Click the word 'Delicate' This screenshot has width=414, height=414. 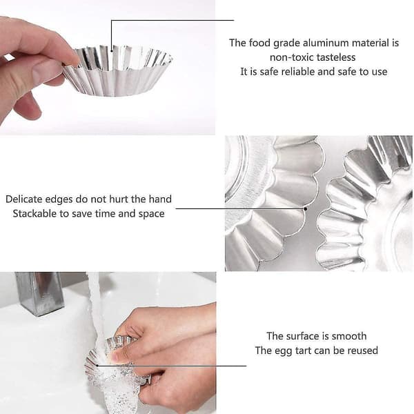(x=23, y=199)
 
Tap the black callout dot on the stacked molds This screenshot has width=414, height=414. (x=306, y=209)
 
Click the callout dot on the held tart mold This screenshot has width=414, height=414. (x=111, y=50)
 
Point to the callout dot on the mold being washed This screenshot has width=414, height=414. (x=97, y=366)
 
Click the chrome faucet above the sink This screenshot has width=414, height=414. (x=39, y=294)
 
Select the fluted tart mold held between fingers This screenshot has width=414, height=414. (x=118, y=71)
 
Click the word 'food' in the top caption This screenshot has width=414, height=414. (x=259, y=43)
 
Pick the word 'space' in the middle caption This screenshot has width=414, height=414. (x=152, y=214)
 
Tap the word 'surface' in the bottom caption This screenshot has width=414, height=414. (x=302, y=336)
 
